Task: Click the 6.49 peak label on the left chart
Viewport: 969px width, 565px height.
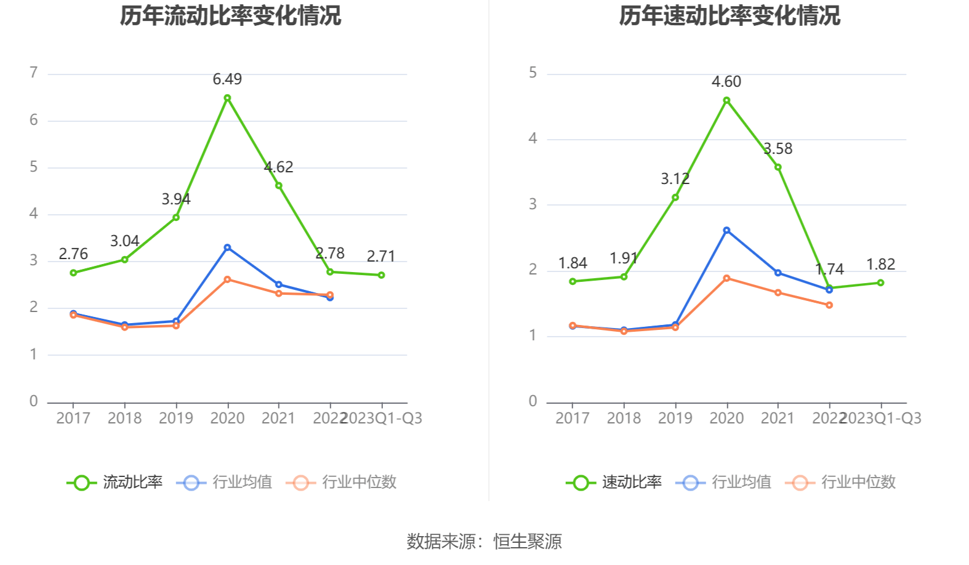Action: tap(227, 79)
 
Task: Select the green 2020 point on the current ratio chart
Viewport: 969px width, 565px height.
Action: tap(227, 98)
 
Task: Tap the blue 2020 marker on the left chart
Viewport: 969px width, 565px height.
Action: tap(227, 247)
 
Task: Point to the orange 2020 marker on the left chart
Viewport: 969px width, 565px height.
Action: tap(227, 279)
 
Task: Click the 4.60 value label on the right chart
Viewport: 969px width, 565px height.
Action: tap(726, 82)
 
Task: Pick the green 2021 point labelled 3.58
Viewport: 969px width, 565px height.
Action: tap(778, 167)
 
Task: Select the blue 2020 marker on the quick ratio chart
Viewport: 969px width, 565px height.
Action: tap(726, 230)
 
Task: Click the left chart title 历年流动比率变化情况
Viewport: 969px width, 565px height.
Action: tap(230, 16)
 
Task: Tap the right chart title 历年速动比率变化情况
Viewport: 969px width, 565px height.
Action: tap(730, 16)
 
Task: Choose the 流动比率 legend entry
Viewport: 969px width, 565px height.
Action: tap(115, 482)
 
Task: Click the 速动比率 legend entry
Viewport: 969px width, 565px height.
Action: tap(614, 482)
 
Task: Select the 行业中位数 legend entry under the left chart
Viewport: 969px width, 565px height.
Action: tap(342, 482)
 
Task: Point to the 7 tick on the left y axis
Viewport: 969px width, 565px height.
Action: tap(34, 73)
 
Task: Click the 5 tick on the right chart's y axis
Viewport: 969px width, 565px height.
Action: tap(533, 73)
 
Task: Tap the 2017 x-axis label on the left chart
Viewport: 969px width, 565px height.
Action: tap(73, 419)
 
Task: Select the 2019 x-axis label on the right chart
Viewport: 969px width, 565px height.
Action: tap(675, 419)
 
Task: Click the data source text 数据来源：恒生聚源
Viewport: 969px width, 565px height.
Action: tap(484, 542)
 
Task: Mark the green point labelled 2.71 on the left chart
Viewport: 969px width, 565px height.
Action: tap(382, 275)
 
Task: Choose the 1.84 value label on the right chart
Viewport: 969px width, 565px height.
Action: tap(573, 263)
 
